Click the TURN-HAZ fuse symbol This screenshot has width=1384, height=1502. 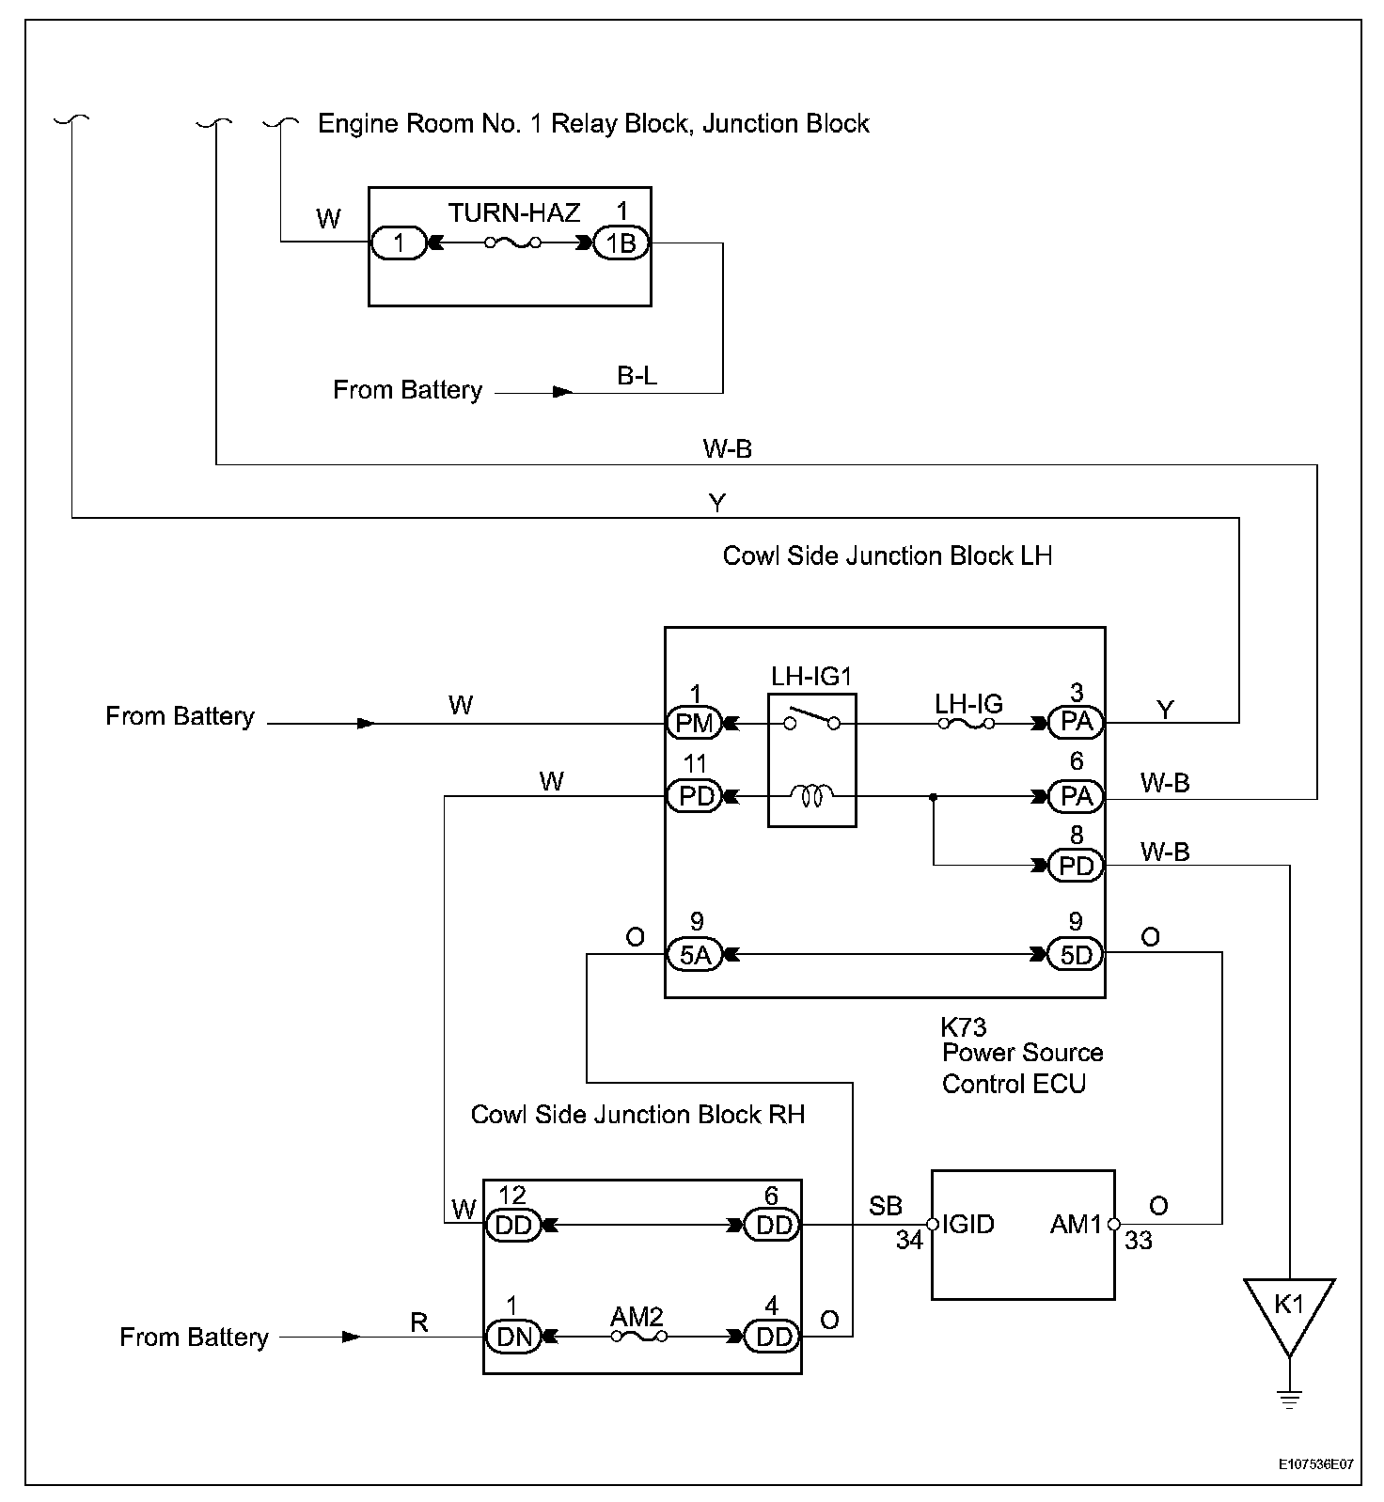tap(512, 243)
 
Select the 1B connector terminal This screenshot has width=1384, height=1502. tap(621, 243)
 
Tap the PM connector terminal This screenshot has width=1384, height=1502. tap(694, 723)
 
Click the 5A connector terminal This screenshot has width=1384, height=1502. tap(694, 954)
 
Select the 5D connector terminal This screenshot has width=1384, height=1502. tap(1076, 954)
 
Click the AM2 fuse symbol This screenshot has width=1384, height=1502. tap(639, 1336)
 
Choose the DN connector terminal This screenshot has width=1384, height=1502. tap(513, 1337)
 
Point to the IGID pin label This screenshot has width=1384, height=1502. tap(967, 1224)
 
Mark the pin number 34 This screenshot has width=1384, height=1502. tap(909, 1241)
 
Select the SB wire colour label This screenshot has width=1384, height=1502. tap(886, 1206)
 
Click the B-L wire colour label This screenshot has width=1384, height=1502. tap(637, 376)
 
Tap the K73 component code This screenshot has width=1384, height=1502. tap(964, 1026)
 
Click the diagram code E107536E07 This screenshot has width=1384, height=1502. tap(1315, 1464)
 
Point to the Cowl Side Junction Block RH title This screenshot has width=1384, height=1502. tap(637, 1115)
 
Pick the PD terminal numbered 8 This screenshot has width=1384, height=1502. tap(1076, 865)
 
